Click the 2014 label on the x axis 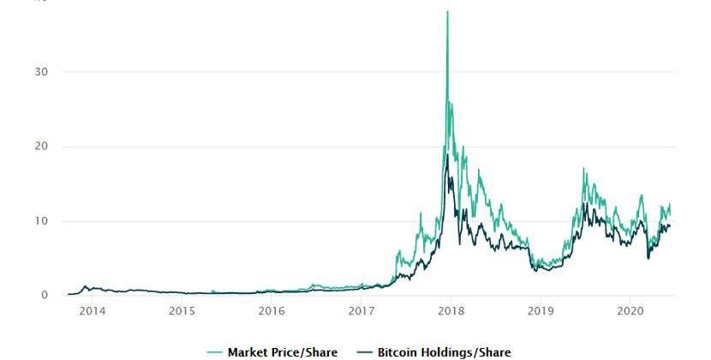coord(92,310)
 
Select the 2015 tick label coord(182,310)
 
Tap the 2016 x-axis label coord(272,310)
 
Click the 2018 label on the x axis coord(451,310)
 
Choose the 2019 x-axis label coord(541,310)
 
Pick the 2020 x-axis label coord(630,310)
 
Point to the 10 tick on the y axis coord(41,221)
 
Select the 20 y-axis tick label coord(41,147)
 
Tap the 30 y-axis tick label coord(41,72)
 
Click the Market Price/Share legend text coord(282,352)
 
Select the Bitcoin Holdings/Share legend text coord(444,352)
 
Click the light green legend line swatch coord(214,352)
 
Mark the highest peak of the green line coord(447,12)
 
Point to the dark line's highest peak coord(447,155)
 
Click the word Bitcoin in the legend coord(398,352)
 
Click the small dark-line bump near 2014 coord(85,286)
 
